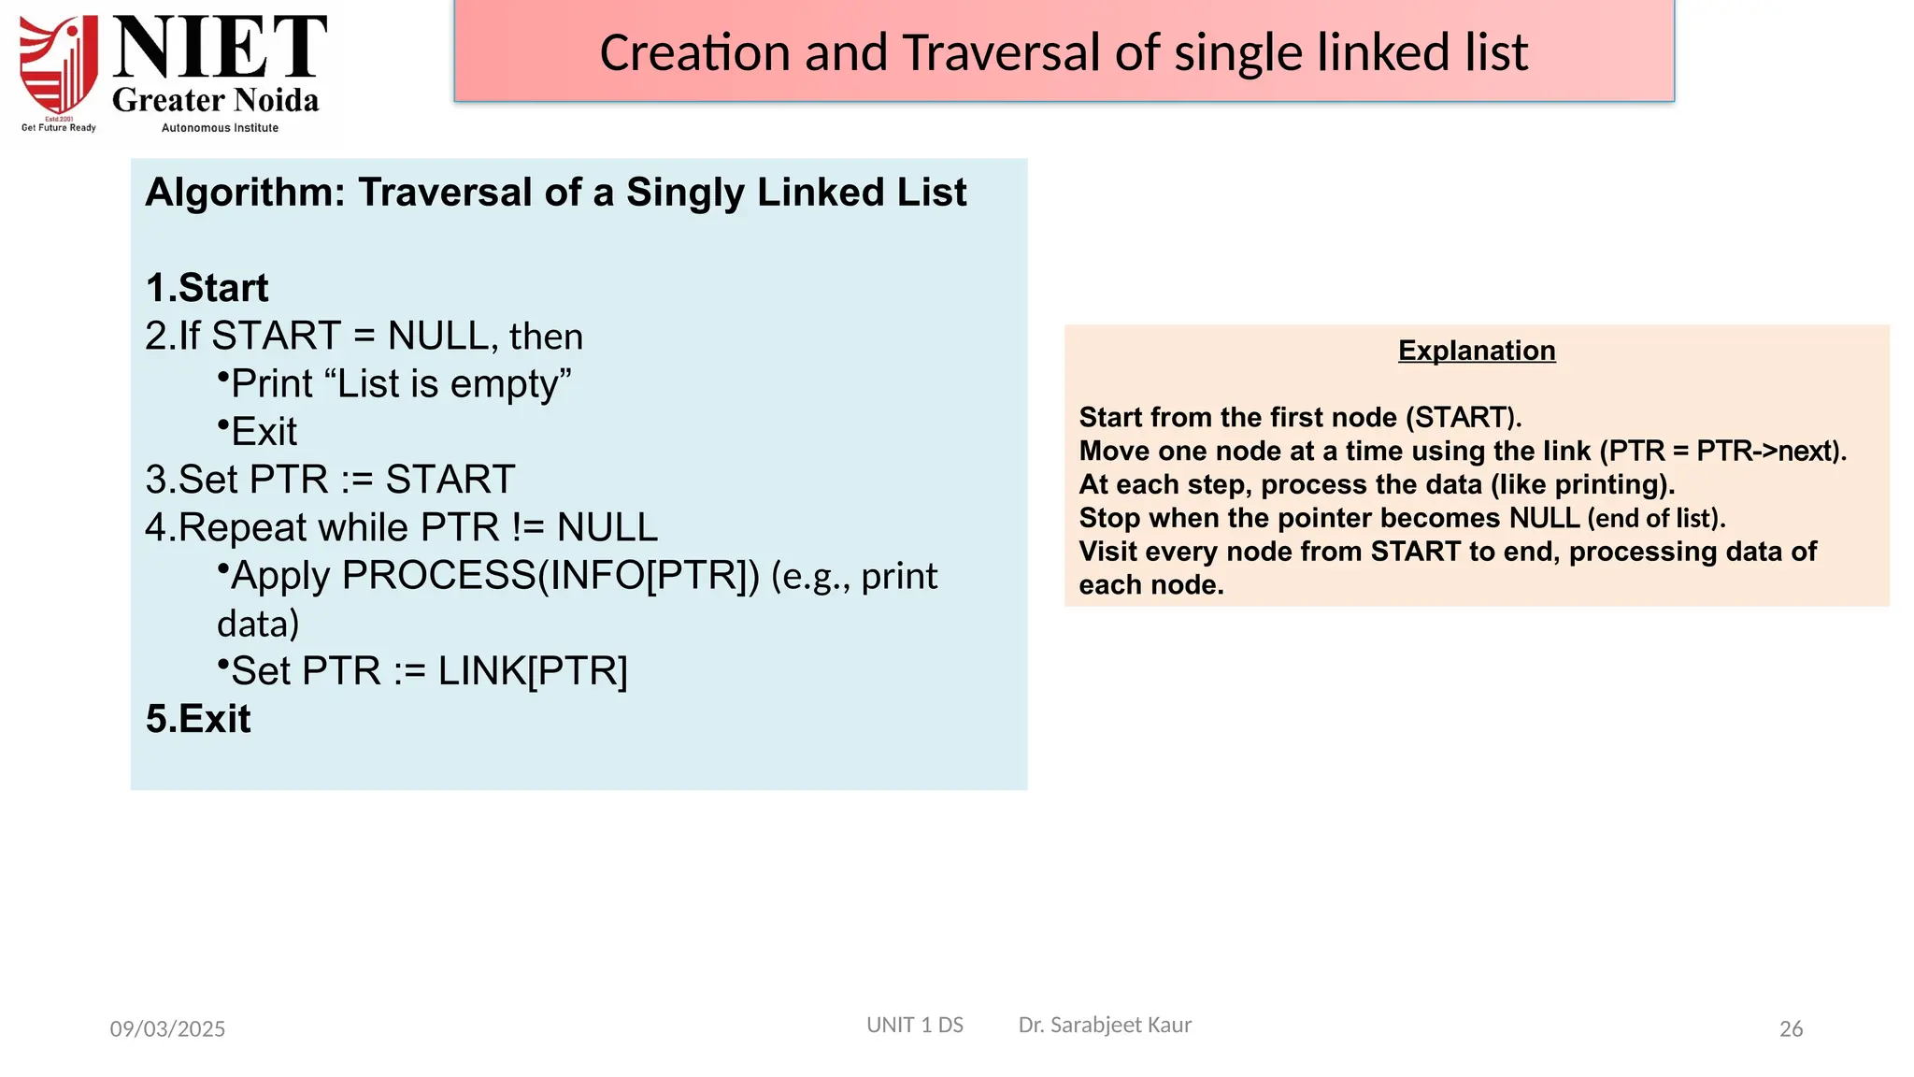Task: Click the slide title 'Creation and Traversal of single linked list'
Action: pos(1064,52)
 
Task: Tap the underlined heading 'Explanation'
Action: pos(1477,351)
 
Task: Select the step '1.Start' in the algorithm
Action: pos(207,288)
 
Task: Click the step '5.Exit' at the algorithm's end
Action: pos(198,719)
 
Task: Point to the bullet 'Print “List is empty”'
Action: pos(400,384)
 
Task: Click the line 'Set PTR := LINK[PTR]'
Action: pos(428,671)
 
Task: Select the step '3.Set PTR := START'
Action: pos(330,480)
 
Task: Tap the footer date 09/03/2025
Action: pos(167,1028)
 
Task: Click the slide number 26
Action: pos(1791,1028)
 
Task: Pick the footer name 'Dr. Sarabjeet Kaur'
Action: pos(1105,1025)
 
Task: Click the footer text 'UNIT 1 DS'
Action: pos(915,1025)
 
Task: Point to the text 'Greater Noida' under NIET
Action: pos(216,100)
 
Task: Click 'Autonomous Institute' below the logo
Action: pos(220,128)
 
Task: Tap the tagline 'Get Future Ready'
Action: pos(59,128)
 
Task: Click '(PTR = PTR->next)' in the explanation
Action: pos(1722,451)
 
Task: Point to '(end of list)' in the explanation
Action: pos(1656,518)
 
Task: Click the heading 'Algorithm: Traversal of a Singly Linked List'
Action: pos(556,193)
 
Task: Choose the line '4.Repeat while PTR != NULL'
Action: pos(402,528)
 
